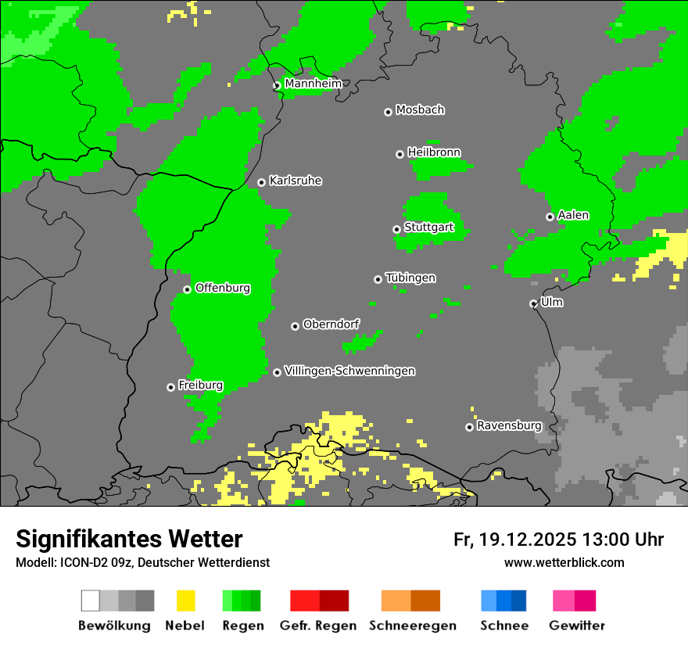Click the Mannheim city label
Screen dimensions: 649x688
point(314,84)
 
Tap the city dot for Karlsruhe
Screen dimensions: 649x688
point(262,182)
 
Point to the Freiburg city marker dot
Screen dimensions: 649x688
point(171,387)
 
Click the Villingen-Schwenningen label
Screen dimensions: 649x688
point(349,371)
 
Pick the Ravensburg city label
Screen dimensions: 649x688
point(509,426)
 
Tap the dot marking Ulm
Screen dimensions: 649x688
point(534,303)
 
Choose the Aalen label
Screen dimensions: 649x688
point(573,215)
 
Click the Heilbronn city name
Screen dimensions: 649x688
point(434,152)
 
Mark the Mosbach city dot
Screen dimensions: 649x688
point(388,112)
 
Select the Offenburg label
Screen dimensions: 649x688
point(223,288)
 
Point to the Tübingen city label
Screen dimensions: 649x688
point(410,278)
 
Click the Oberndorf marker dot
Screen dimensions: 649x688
point(295,326)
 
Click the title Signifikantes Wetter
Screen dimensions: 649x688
point(129,539)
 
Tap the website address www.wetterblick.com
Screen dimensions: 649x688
point(564,562)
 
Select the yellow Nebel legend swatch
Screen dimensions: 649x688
point(185,601)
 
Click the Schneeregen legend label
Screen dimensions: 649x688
point(412,626)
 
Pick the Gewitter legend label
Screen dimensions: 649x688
point(577,626)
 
